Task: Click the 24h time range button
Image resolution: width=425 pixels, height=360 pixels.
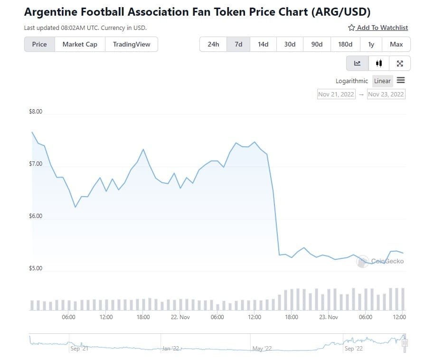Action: pyautogui.click(x=213, y=44)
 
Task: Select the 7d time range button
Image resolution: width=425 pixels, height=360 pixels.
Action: pyautogui.click(x=238, y=44)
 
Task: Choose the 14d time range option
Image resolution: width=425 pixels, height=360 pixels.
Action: pyautogui.click(x=263, y=44)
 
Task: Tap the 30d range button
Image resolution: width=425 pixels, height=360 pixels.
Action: pyautogui.click(x=290, y=44)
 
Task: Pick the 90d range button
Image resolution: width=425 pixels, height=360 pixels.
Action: pyautogui.click(x=317, y=44)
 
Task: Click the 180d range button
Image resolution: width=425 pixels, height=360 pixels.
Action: pyautogui.click(x=345, y=44)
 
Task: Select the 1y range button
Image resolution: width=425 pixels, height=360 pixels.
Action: pyautogui.click(x=371, y=44)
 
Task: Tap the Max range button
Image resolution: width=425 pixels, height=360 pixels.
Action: pyautogui.click(x=396, y=44)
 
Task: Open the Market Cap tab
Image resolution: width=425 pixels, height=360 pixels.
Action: pyautogui.click(x=80, y=44)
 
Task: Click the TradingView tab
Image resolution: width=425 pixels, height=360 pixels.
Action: pyautogui.click(x=132, y=44)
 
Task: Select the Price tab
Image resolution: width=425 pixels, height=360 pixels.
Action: pyautogui.click(x=39, y=44)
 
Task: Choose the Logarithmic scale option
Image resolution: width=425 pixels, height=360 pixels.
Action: pyautogui.click(x=351, y=81)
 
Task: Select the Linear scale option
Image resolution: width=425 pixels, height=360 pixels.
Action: pyautogui.click(x=382, y=81)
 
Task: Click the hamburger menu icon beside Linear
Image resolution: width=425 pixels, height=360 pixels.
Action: pyautogui.click(x=401, y=80)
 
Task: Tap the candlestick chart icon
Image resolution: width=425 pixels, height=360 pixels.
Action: pyautogui.click(x=378, y=63)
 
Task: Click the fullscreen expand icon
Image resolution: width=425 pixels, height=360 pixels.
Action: pyautogui.click(x=400, y=63)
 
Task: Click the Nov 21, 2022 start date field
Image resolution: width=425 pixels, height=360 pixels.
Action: pyautogui.click(x=336, y=94)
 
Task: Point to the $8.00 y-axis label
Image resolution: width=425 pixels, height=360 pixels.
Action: pyautogui.click(x=36, y=112)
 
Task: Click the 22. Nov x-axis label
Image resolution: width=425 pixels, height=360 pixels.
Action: pyautogui.click(x=180, y=317)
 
